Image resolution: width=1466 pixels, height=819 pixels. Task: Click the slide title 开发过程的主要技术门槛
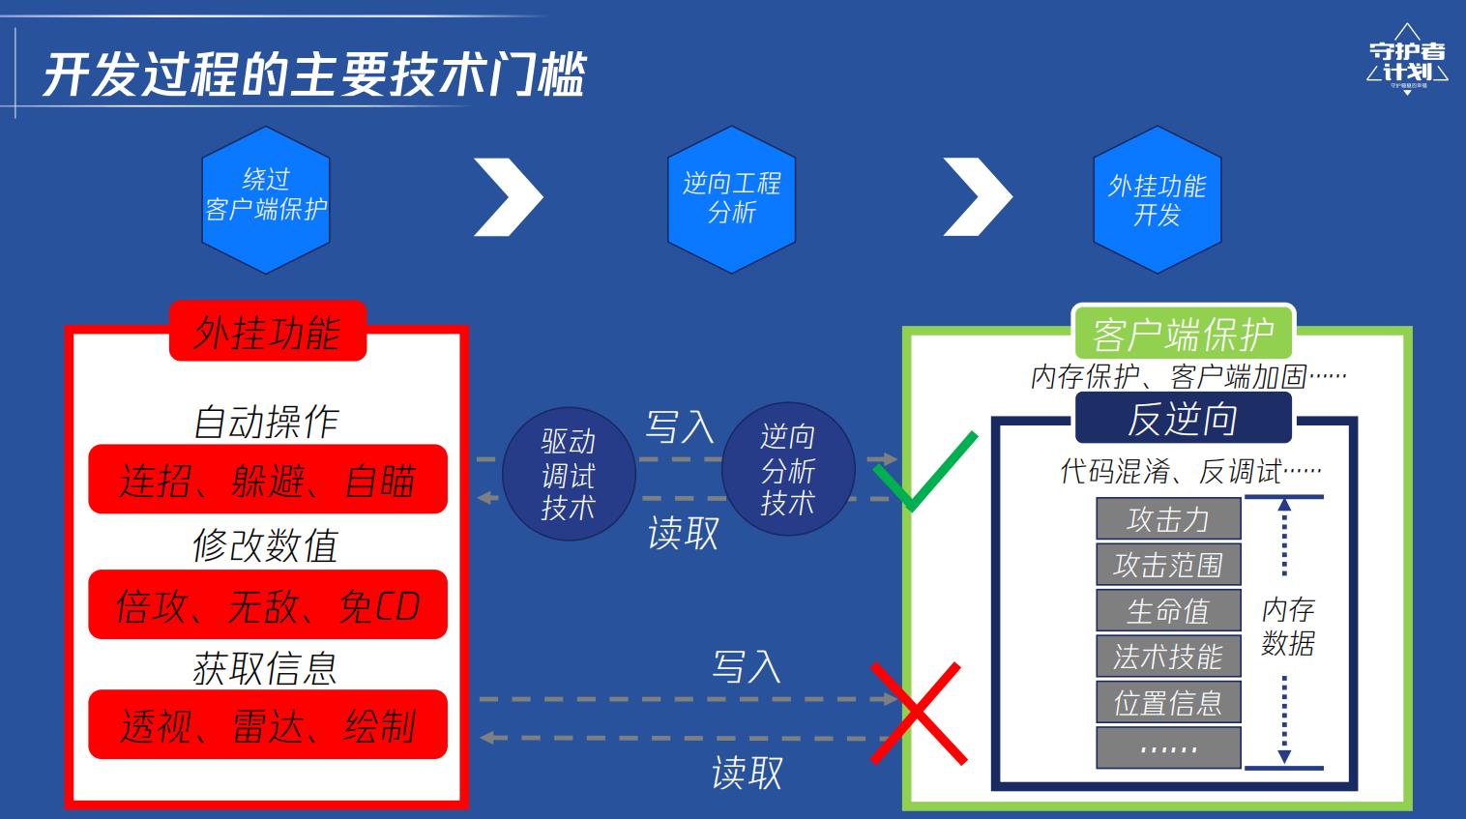(x=314, y=73)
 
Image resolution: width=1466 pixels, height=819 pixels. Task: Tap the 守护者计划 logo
(x=1407, y=60)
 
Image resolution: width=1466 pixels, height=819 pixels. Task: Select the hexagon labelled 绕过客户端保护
(x=266, y=199)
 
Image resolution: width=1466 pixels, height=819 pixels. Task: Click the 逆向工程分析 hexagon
(x=732, y=199)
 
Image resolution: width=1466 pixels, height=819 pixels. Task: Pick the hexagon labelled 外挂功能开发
(x=1158, y=199)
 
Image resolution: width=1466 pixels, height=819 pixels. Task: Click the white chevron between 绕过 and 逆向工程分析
(x=509, y=197)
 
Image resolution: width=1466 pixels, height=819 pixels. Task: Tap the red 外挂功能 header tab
(x=268, y=331)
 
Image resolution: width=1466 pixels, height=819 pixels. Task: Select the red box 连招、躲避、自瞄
(x=268, y=479)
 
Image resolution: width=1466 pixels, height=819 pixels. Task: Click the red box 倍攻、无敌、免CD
(x=268, y=604)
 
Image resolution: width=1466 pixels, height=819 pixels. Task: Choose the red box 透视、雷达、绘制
(x=268, y=724)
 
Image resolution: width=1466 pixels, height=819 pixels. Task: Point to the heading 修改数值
(x=266, y=545)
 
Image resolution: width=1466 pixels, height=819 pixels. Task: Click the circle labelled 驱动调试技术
(x=569, y=474)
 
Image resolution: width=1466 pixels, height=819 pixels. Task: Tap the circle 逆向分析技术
(x=788, y=470)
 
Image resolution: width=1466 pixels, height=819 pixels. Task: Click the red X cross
(x=919, y=714)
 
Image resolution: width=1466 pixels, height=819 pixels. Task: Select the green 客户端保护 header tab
(x=1184, y=334)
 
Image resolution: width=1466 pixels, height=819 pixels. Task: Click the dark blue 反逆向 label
(x=1184, y=418)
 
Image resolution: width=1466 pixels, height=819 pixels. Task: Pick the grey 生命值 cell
(x=1169, y=610)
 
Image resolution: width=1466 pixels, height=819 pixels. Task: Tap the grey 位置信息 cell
(x=1169, y=702)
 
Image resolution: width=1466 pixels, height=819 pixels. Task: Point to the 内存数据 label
(x=1288, y=626)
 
